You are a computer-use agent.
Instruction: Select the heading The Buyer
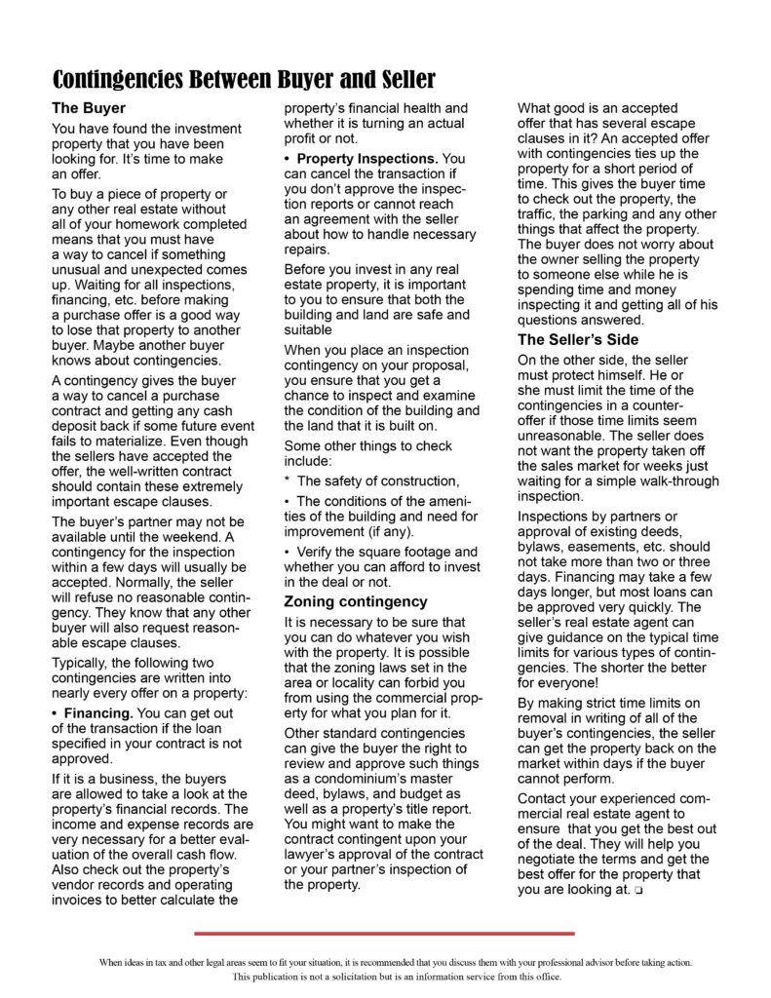coord(88,108)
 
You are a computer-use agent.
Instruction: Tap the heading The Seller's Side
coord(578,339)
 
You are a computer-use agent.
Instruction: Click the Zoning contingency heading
coord(355,601)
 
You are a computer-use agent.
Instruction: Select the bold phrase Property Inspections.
coord(366,158)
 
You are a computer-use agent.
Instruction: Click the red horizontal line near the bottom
coord(384,933)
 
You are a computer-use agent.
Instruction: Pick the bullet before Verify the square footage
coord(288,552)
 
